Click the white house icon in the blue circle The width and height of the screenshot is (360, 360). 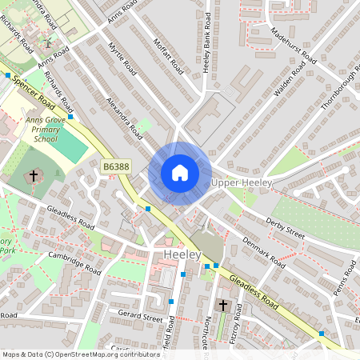[x=180, y=173]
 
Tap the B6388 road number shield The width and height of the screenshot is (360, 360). [x=116, y=166]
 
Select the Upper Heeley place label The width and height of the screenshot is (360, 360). [x=243, y=183]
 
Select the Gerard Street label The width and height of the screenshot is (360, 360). [x=140, y=318]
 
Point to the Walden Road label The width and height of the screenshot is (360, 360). [x=289, y=80]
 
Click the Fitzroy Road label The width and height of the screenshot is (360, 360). [x=238, y=328]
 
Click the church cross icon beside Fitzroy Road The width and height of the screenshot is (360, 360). [x=223, y=306]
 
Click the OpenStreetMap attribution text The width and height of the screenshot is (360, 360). [x=80, y=354]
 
